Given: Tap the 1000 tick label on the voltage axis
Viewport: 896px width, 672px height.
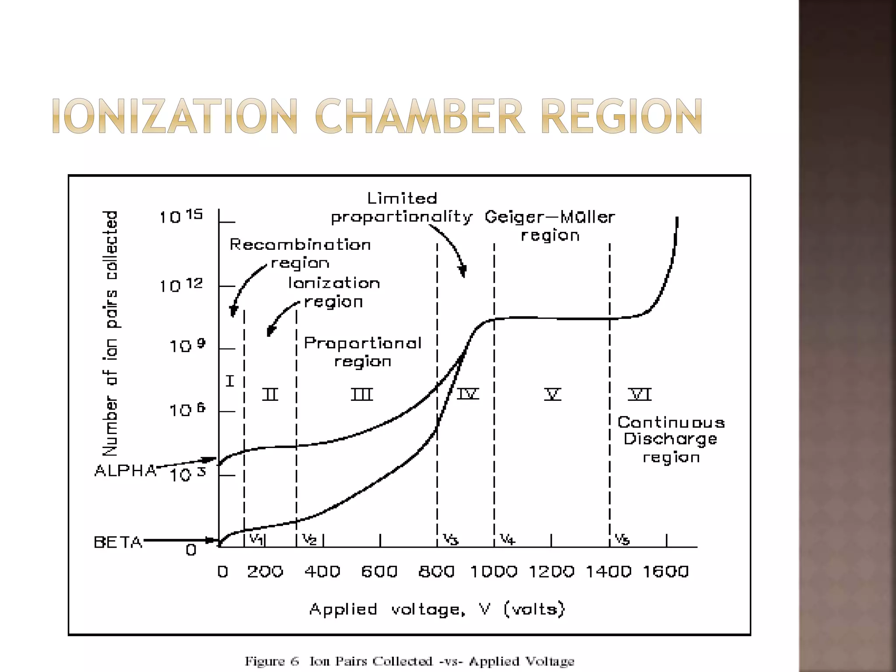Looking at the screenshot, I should (493, 572).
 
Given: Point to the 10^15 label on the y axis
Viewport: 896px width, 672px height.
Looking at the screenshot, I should (181, 216).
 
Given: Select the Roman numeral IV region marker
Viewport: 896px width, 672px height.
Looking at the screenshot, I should (468, 394).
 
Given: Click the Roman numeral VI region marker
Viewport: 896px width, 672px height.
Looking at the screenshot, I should (640, 394).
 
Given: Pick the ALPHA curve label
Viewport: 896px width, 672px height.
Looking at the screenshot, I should (125, 471).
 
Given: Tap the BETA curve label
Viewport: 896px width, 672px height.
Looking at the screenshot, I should (118, 542).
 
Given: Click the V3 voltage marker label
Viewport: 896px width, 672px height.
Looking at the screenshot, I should (450, 539).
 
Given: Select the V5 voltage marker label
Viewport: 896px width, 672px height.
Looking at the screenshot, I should (622, 539).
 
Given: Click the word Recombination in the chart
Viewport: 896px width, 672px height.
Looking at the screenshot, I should (300, 245).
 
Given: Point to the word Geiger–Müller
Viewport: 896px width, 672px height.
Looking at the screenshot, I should (549, 217).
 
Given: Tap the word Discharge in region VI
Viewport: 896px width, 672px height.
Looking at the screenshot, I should (670, 439).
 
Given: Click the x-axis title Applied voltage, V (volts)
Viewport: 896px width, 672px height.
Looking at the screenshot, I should (437, 609).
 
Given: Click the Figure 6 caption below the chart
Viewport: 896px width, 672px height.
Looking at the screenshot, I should (409, 661).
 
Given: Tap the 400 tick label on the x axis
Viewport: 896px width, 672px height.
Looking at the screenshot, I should (322, 572).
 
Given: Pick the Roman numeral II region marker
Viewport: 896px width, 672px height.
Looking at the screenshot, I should (270, 394).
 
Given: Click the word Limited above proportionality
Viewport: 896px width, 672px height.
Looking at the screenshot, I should (402, 199).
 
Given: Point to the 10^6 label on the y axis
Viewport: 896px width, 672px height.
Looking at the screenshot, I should (187, 410).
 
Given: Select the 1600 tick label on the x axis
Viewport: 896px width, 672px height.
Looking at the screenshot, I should (665, 572).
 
